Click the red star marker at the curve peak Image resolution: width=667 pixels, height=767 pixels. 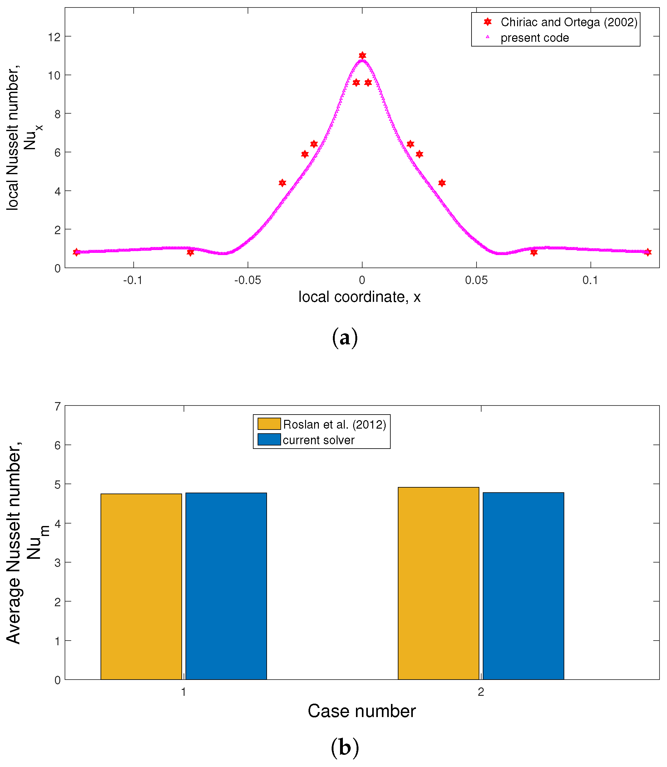coord(362,56)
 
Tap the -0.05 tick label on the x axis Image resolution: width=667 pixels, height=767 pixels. coord(248,280)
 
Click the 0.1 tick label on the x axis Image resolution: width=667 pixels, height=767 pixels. coord(590,280)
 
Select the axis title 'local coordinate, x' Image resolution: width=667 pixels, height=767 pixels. coord(359,297)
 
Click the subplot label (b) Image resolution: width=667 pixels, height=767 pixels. coord(345,748)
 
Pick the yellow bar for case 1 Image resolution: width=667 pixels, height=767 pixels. coord(141,586)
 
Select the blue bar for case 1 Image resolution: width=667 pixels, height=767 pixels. coord(226,586)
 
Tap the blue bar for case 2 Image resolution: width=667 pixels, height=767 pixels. coord(523,586)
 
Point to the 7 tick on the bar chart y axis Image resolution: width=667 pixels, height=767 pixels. coord(57,406)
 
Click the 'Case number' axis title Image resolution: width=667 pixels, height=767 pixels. coord(361,711)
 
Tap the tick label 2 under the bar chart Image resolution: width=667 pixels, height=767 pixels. coord(481,692)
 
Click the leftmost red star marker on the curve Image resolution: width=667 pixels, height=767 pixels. coord(76,252)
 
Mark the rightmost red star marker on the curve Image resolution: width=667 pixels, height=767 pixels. coord(648,252)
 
